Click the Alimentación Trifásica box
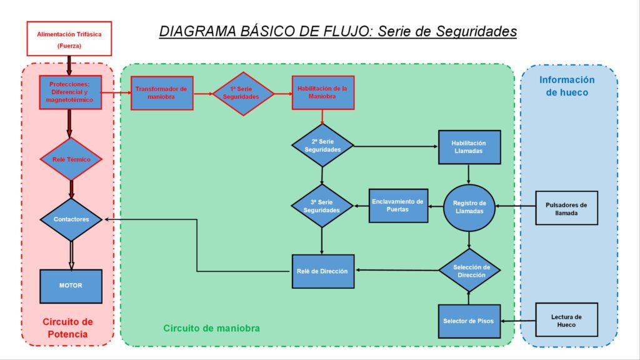click(69, 39)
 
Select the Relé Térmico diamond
click(71, 159)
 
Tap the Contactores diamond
click(71, 219)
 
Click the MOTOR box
click(71, 286)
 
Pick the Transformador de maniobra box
click(162, 93)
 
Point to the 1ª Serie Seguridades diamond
click(243, 94)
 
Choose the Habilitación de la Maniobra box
click(323, 92)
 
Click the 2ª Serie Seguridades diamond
click(322, 146)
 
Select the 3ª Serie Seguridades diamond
click(322, 206)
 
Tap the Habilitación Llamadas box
click(469, 147)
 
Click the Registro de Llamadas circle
click(469, 207)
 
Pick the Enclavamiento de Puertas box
click(398, 206)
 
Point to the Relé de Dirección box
click(323, 271)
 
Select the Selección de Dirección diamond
click(469, 270)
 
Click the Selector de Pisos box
click(469, 321)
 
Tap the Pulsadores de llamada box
click(566, 208)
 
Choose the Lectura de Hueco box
click(566, 320)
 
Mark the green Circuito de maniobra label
click(211, 328)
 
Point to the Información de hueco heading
click(567, 86)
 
